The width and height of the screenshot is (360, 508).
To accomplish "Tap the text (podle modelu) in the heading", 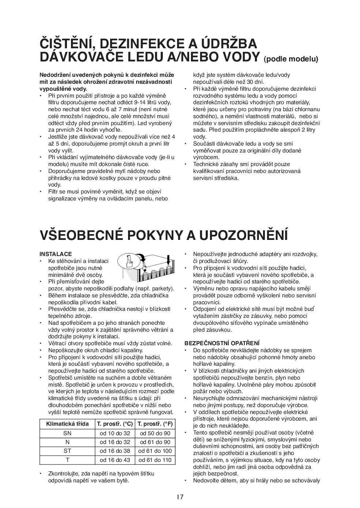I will pyautogui.click(x=291, y=59).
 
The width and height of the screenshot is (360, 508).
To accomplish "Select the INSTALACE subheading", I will pyautogui.click(x=56, y=254).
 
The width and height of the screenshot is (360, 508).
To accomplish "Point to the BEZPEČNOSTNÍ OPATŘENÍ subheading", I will pyautogui.click(x=222, y=343).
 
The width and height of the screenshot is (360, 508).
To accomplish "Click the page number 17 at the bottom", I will pyautogui.click(x=180, y=497).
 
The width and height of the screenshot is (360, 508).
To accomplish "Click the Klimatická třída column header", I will pyautogui.click(x=67, y=424).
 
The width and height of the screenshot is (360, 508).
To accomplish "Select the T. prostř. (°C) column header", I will pyautogui.click(x=115, y=424).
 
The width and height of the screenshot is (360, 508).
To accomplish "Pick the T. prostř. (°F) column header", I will pyautogui.click(x=155, y=424).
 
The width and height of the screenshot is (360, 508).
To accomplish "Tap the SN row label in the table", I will pyautogui.click(x=67, y=433).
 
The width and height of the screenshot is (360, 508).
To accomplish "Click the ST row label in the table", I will pyautogui.click(x=67, y=451).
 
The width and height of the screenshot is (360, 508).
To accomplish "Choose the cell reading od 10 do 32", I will pyautogui.click(x=115, y=433).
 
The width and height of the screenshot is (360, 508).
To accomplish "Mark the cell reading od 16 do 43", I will pyautogui.click(x=115, y=460).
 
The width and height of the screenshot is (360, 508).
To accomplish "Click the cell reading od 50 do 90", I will pyautogui.click(x=155, y=433).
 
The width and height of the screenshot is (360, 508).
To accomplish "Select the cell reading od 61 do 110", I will pyautogui.click(x=155, y=460).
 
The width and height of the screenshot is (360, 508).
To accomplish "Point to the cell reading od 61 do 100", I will pyautogui.click(x=155, y=451).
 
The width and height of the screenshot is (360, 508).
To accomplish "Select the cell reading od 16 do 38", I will pyautogui.click(x=115, y=451).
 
